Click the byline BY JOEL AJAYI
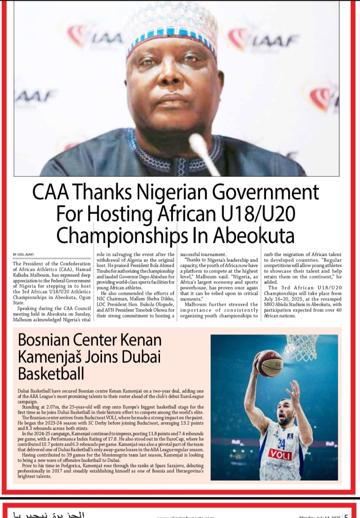tap(23, 254)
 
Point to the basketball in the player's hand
tap(269, 363)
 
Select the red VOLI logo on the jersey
tap(280, 454)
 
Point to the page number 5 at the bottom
tap(346, 515)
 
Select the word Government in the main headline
tap(268, 193)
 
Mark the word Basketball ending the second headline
tap(51, 374)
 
